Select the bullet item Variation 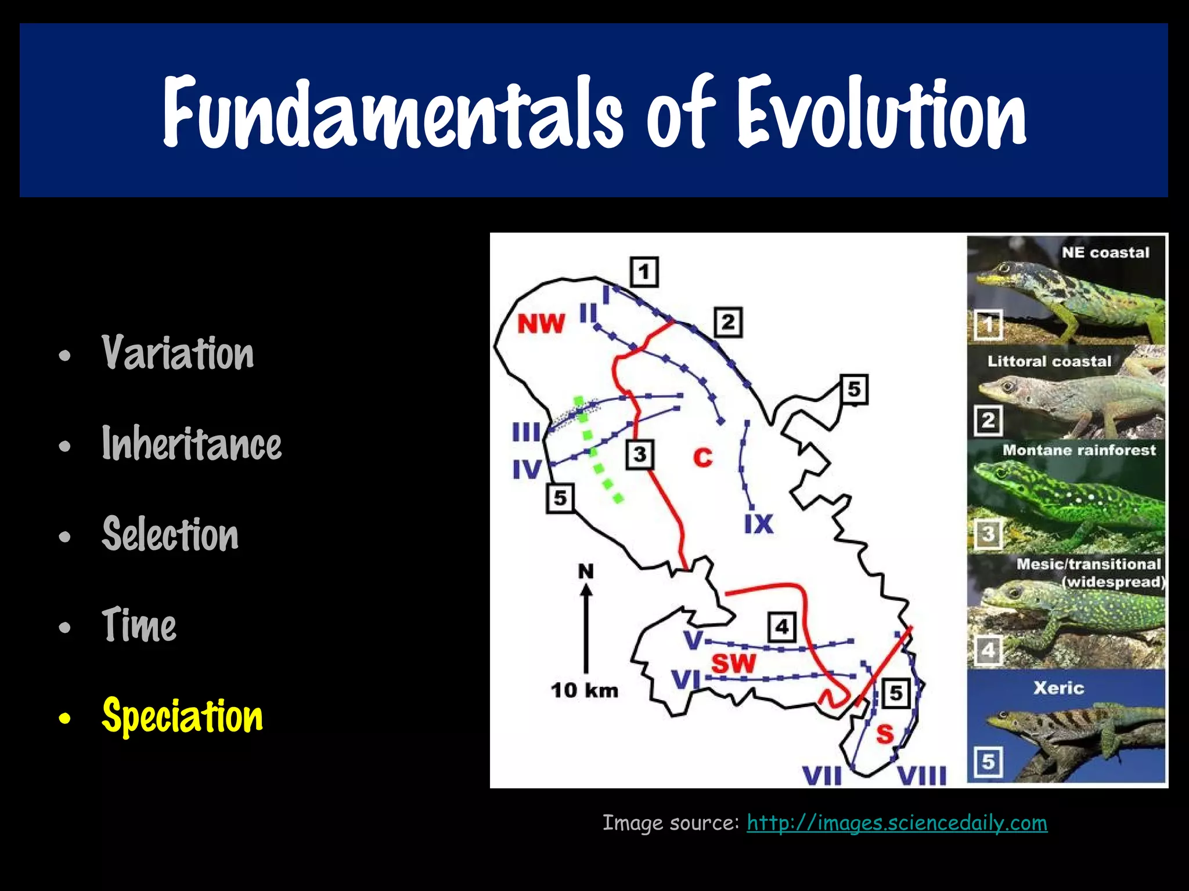[x=178, y=353]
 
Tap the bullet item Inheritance [x=192, y=444]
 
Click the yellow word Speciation [x=182, y=716]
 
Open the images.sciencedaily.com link [x=897, y=823]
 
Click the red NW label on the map [x=541, y=324]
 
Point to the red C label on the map [x=702, y=458]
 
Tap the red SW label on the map [x=734, y=663]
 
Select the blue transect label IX [x=759, y=524]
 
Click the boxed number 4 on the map [x=781, y=626]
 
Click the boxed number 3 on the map [x=640, y=454]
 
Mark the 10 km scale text [x=584, y=690]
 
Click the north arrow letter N [x=586, y=571]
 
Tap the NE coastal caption [x=1105, y=252]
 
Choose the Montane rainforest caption [x=1079, y=450]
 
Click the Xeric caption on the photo [x=1058, y=688]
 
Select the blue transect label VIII [x=922, y=776]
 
